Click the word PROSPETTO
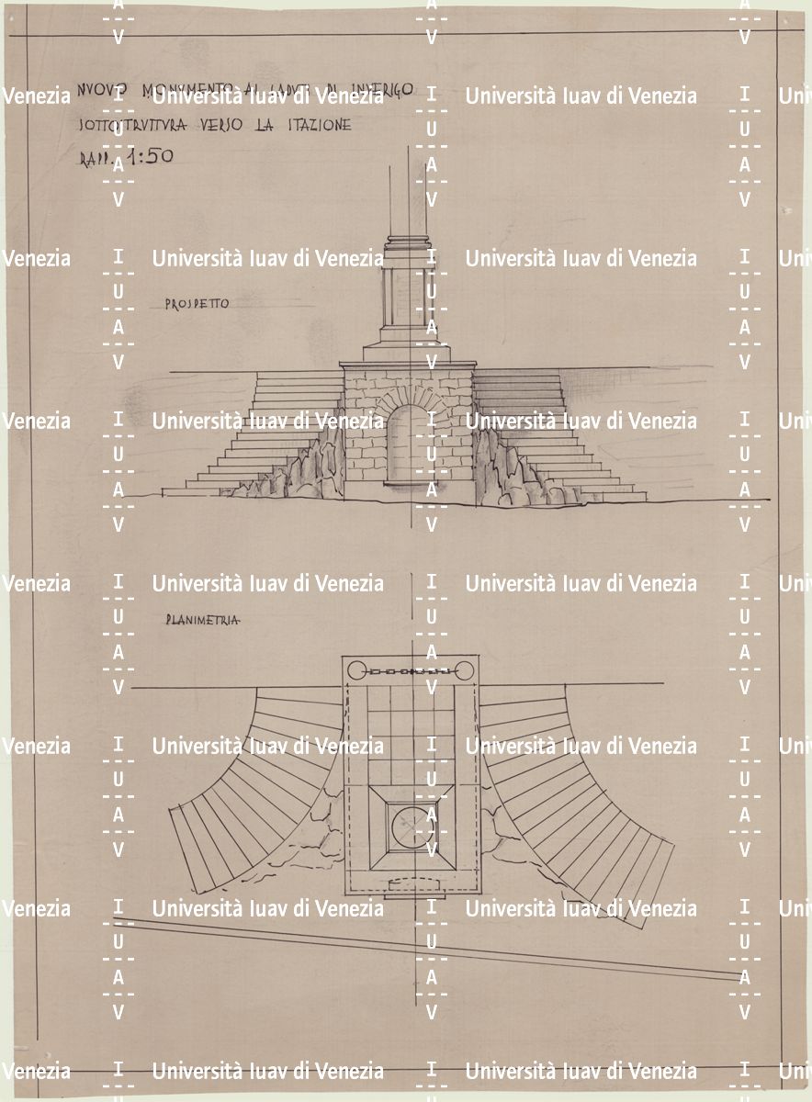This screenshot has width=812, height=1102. (197, 304)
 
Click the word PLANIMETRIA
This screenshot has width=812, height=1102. (203, 621)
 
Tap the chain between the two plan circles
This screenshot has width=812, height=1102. (411, 671)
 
